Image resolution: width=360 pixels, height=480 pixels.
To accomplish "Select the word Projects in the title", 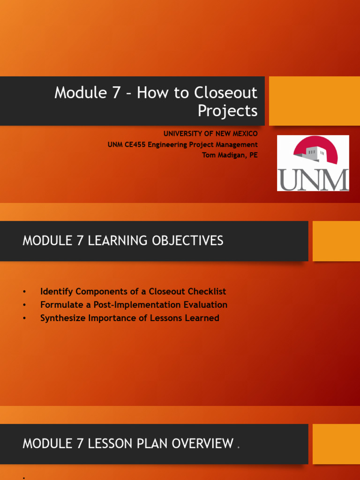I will coord(227,111).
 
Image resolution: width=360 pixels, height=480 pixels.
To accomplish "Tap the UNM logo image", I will coord(313,163).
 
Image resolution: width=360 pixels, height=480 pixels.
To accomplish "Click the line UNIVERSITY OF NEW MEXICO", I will coord(210,134).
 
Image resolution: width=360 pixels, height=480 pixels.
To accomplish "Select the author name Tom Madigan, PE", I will coord(230,155).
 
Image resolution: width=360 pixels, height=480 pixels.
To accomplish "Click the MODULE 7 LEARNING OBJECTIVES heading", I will coord(123,241).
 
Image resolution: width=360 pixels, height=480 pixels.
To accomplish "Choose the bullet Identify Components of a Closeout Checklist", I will coord(133,292).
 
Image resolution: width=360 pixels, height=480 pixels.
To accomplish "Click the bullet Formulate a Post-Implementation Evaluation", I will coord(134,305).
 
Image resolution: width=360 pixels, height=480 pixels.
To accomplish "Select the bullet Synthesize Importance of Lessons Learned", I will coord(129,318).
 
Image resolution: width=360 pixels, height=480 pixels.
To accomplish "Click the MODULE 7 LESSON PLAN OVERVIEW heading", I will coord(127,443).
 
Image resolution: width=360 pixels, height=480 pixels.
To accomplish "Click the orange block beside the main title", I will coord(315,101).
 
